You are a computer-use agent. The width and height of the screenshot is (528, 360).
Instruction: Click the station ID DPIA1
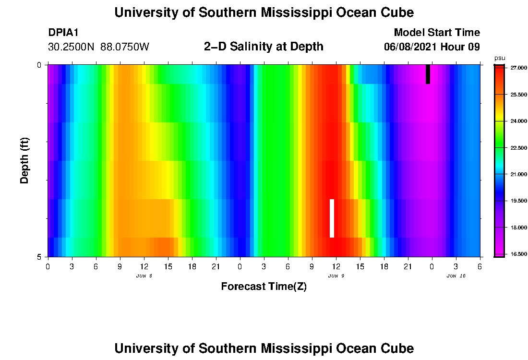[63, 33]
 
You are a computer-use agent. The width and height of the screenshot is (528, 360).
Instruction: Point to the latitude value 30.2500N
[72, 47]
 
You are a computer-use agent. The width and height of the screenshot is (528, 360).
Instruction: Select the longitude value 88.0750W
[125, 47]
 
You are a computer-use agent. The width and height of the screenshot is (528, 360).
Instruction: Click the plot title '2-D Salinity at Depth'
[264, 47]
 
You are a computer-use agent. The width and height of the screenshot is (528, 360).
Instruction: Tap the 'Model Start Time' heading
[437, 33]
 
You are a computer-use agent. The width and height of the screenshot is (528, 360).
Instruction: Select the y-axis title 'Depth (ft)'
[25, 160]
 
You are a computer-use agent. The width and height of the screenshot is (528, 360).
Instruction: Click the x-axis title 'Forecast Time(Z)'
[264, 287]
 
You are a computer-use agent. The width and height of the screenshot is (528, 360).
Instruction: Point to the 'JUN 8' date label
[144, 276]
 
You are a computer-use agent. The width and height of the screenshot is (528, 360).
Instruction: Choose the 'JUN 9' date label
[336, 276]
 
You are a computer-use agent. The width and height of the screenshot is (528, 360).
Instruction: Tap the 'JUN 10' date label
[456, 276]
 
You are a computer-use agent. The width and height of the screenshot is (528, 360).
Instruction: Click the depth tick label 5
[39, 257]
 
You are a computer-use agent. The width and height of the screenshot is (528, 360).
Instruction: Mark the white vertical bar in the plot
[332, 218]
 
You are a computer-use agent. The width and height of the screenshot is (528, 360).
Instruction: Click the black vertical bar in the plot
[428, 74]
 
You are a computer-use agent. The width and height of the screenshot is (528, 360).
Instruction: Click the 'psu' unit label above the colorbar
[500, 58]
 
